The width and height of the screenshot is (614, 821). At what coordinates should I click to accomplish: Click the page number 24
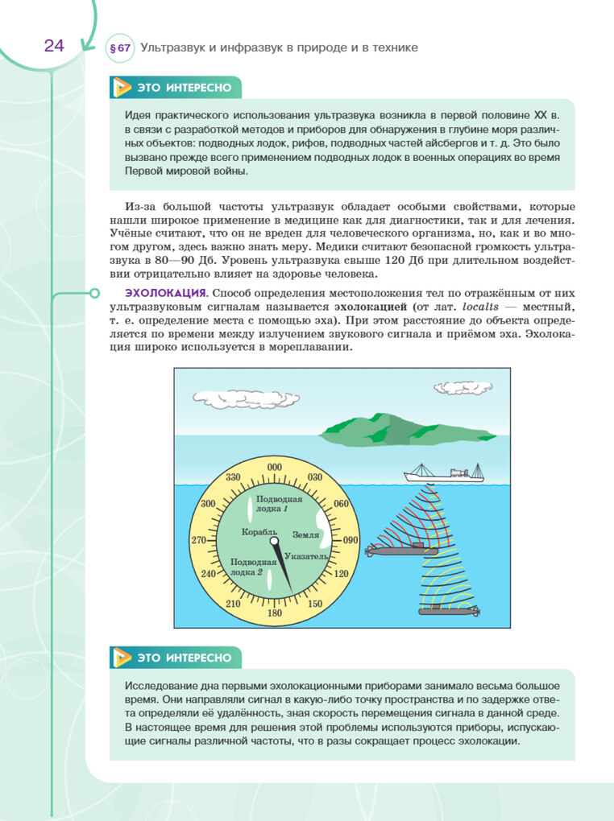point(54,46)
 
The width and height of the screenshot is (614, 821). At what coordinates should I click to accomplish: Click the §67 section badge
point(119,48)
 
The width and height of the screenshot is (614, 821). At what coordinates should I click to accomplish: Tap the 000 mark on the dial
point(275,468)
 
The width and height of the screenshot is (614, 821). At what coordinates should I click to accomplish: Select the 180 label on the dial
point(274,613)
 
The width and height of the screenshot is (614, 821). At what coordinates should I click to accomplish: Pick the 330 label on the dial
point(234,477)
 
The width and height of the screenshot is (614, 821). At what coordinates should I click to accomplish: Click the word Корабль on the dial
point(259,532)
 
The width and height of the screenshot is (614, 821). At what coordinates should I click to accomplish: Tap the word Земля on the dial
point(305,534)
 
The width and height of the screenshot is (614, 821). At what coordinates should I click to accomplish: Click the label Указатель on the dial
point(306,556)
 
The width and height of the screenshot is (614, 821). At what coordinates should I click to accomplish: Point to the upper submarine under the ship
point(400,551)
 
